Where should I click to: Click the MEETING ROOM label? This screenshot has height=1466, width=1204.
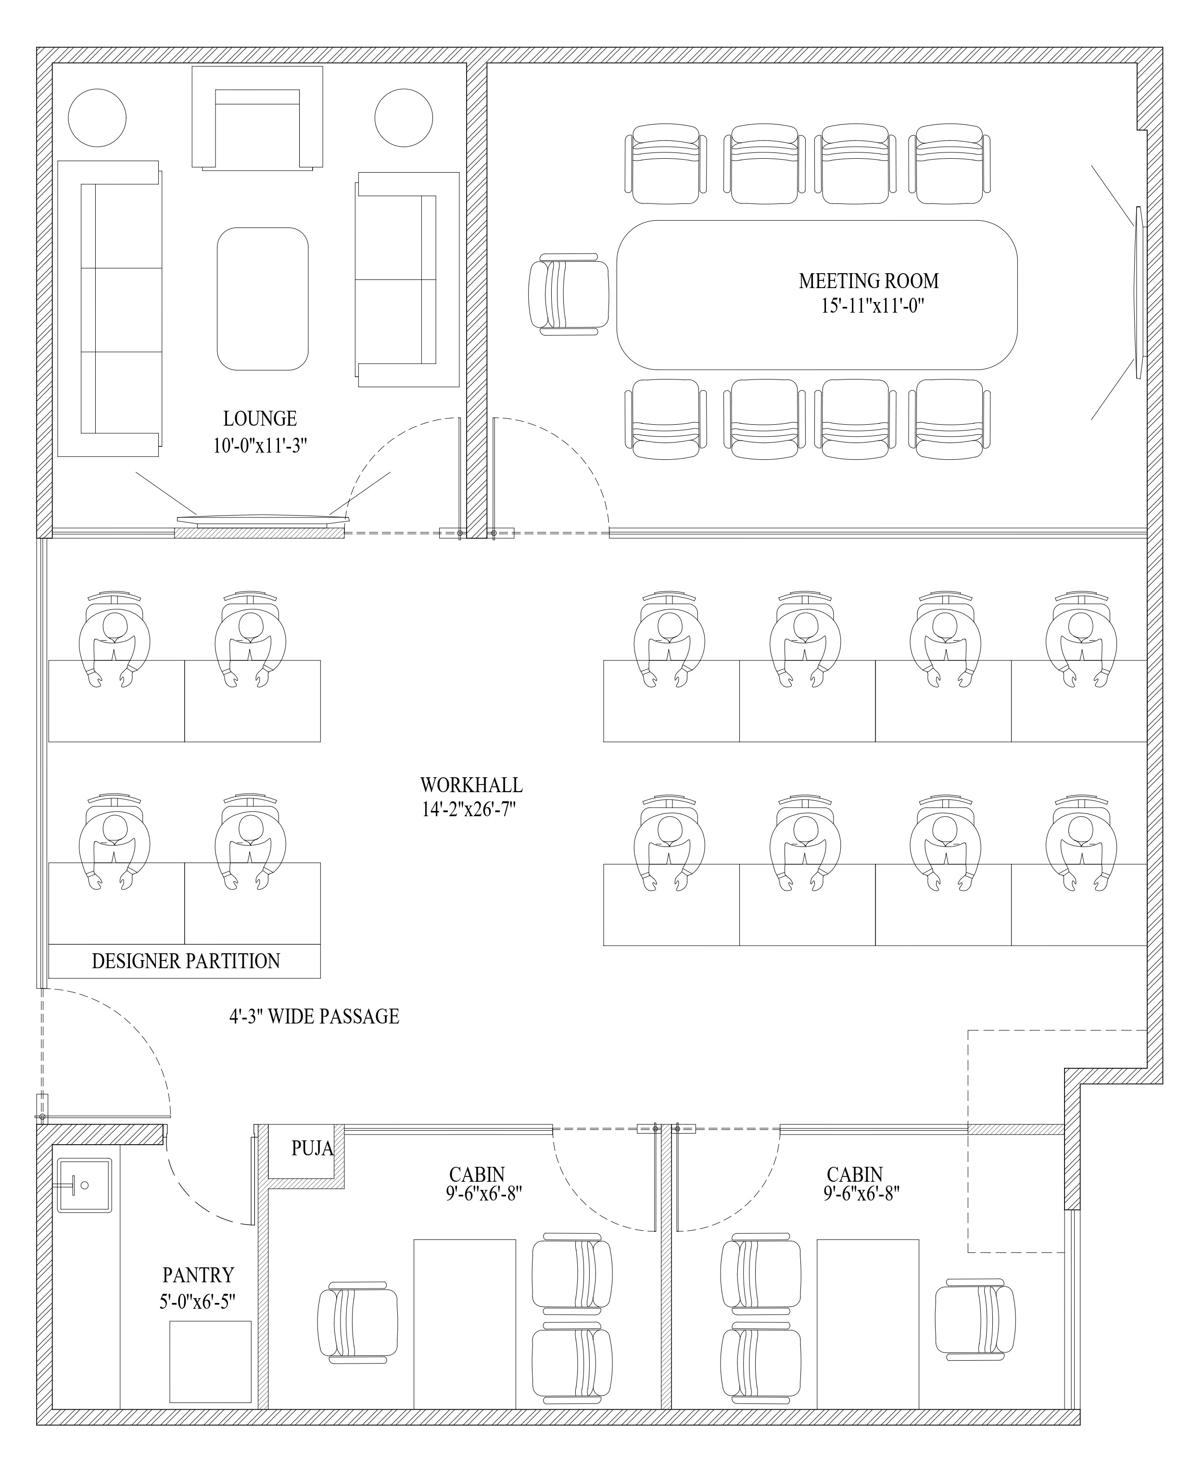pyautogui.click(x=868, y=281)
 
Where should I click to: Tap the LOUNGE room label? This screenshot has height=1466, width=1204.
pyautogui.click(x=260, y=419)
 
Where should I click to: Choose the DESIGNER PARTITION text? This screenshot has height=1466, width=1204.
pyautogui.click(x=186, y=961)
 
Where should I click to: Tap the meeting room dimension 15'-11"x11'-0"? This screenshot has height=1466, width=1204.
pyautogui.click(x=873, y=306)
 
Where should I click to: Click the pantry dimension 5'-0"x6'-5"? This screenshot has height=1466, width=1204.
pyautogui.click(x=198, y=1302)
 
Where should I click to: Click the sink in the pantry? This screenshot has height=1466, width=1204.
pyautogui.click(x=84, y=1185)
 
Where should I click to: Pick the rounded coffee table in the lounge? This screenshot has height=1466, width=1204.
pyautogui.click(x=263, y=299)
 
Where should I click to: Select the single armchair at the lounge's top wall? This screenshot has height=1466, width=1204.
pyautogui.click(x=257, y=118)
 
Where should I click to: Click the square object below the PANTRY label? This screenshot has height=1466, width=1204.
pyautogui.click(x=211, y=1362)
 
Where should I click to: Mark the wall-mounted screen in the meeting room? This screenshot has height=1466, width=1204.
pyautogui.click(x=1139, y=292)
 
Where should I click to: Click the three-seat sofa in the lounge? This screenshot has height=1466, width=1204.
pyautogui.click(x=110, y=309)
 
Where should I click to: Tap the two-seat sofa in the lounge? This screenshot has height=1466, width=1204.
pyautogui.click(x=407, y=279)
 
